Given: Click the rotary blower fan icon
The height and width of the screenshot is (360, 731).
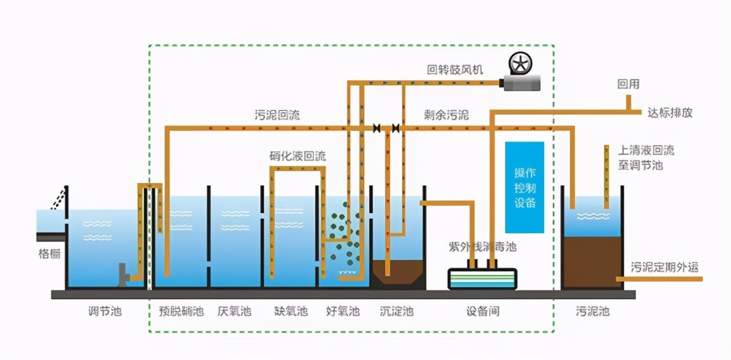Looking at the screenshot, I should pyautogui.click(x=519, y=64).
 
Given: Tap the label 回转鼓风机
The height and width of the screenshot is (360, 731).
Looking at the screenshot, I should pyautogui.click(x=455, y=69).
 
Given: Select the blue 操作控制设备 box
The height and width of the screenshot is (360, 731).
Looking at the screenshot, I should pyautogui.click(x=524, y=188).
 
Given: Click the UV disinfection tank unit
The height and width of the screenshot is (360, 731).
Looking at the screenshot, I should pyautogui.click(x=482, y=279).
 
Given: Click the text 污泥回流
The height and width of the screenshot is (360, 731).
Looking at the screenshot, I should pyautogui.click(x=277, y=114).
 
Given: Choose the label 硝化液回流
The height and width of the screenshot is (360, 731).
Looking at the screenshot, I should pyautogui.click(x=298, y=156).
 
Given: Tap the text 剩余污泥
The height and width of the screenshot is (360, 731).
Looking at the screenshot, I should pyautogui.click(x=446, y=114).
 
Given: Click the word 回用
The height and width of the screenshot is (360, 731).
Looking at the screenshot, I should pyautogui.click(x=628, y=84).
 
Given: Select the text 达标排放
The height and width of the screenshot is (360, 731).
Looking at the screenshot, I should pyautogui.click(x=670, y=113).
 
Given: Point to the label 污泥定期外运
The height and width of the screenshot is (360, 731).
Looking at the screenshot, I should pyautogui.click(x=664, y=267).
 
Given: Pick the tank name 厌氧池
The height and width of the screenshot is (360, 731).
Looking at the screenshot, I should pyautogui.click(x=234, y=312).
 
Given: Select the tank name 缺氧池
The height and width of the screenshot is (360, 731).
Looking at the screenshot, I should pyautogui.click(x=291, y=312).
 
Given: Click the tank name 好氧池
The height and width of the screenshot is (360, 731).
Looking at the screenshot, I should pyautogui.click(x=343, y=312).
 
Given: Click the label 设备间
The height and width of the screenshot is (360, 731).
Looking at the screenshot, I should pyautogui.click(x=482, y=312).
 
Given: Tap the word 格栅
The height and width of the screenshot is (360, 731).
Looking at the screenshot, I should pyautogui.click(x=49, y=253).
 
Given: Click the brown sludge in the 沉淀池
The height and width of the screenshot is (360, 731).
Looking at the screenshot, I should pyautogui.click(x=398, y=272).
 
